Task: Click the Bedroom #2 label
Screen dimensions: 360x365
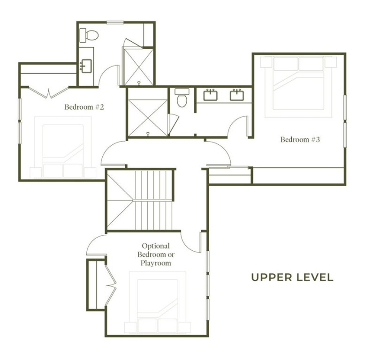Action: point(84,107)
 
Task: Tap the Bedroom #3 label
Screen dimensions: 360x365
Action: point(300,139)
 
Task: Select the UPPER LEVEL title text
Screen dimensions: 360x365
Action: point(292,277)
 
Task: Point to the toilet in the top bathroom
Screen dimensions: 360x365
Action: point(89,35)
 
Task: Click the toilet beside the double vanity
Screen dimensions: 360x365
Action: point(182,98)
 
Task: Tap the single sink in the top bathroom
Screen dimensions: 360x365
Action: point(85,66)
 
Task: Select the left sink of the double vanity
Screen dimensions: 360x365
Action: point(210,95)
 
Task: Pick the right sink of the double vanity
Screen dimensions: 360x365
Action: point(236,95)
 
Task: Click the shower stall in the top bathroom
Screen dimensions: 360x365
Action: point(138,66)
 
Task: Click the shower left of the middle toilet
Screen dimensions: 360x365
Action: point(147,112)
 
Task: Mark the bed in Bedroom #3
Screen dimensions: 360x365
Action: point(298,87)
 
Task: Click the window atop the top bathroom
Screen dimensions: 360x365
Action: point(115,22)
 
